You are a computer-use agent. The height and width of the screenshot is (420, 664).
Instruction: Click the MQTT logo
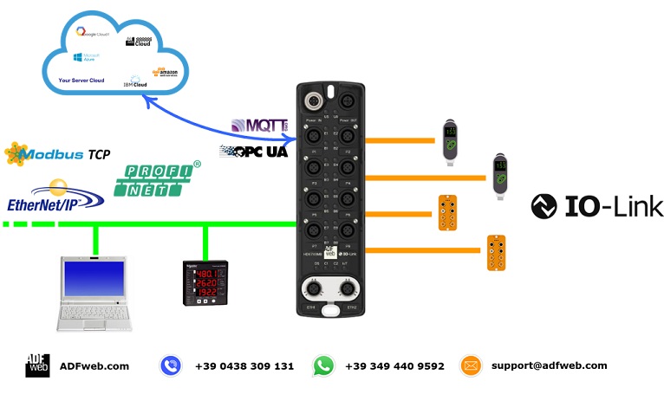(260, 126)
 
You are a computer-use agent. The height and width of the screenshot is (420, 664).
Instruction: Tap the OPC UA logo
(254, 151)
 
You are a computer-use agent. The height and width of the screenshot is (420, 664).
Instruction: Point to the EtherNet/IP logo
(55, 196)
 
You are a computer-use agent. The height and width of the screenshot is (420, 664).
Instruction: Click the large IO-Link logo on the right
(597, 205)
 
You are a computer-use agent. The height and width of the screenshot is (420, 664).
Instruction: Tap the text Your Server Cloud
(81, 80)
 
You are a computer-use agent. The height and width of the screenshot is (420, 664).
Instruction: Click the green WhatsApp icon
(323, 365)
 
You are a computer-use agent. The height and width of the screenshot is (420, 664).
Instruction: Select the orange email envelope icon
(471, 365)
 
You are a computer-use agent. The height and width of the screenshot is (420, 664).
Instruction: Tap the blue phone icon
(171, 365)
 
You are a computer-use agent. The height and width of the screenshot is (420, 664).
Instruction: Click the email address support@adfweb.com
(550, 365)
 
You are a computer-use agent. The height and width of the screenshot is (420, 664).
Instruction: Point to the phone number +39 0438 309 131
(244, 366)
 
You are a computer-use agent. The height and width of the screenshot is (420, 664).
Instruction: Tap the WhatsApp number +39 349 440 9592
(394, 366)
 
